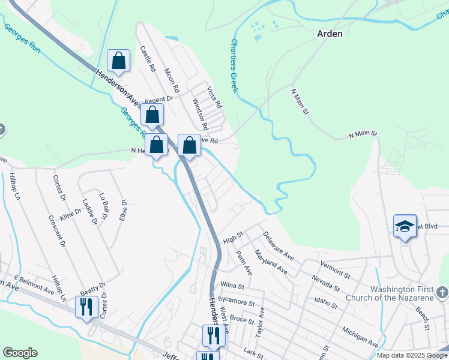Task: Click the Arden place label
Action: tap(330, 34)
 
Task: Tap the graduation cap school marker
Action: tap(405, 226)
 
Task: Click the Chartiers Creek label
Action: tap(235, 65)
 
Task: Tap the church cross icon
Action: tap(442, 293)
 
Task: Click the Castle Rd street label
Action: tap(148, 59)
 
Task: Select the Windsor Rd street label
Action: tap(200, 115)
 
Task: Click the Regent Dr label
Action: tap(158, 100)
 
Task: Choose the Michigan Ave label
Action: tap(360, 337)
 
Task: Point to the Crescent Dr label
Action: tap(59, 232)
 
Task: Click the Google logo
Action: tap(20, 353)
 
